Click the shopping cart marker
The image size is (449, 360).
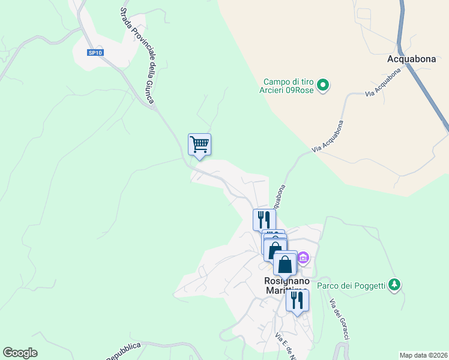[199, 144]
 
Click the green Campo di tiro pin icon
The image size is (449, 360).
[323, 86]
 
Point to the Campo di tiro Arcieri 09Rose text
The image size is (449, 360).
[288, 86]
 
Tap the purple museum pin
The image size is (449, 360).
[303, 258]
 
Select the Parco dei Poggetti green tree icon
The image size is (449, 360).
[394, 284]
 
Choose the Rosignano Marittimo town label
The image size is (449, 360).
[287, 286]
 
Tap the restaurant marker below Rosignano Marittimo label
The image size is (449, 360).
[297, 300]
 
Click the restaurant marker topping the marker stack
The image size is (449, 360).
[264, 219]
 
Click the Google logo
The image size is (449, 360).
[20, 353]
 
